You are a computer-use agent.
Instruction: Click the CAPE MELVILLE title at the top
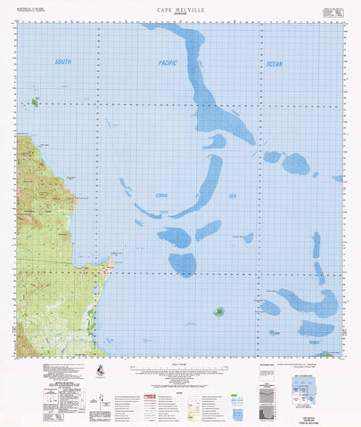(x=181, y=7)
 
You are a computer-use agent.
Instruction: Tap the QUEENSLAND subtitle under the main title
(x=181, y=13)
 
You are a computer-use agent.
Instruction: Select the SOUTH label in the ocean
(x=62, y=61)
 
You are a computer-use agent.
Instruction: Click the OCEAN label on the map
(x=275, y=64)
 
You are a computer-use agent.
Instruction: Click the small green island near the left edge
(x=35, y=102)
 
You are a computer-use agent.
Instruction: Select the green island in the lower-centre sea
(x=218, y=311)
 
